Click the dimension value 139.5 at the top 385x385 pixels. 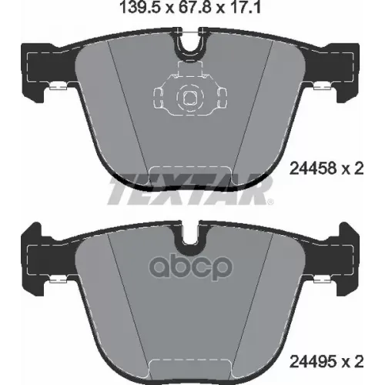pyautogui.click(x=141, y=7)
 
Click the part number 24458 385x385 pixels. pyautogui.click(x=313, y=169)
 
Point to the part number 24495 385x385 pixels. pyautogui.click(x=313, y=361)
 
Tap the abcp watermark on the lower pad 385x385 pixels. pyautogui.click(x=191, y=267)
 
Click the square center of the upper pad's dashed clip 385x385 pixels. pyautogui.click(x=190, y=98)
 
